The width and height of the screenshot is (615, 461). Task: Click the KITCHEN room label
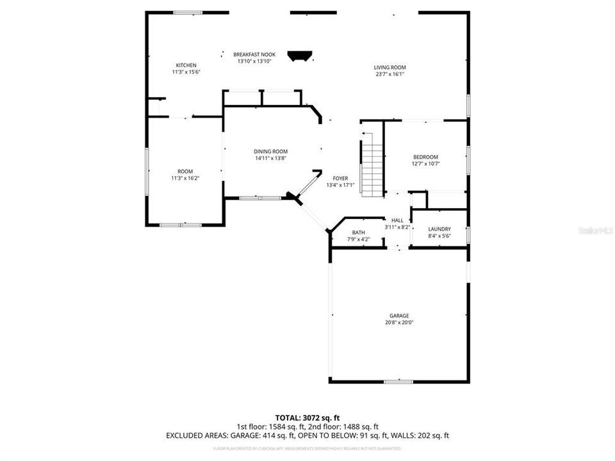[x=186, y=65]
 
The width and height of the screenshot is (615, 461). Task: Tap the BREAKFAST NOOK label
[x=254, y=54]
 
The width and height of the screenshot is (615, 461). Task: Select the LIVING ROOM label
[x=389, y=67]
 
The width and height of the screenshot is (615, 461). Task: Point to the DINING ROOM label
[x=270, y=151]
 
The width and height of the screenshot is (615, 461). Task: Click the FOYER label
[x=340, y=178]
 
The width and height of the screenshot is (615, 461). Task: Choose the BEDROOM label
[x=425, y=157]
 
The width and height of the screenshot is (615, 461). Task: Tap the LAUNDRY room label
[x=439, y=229]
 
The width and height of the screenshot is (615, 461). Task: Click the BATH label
[x=358, y=232]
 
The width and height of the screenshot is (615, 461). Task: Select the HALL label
[x=397, y=220]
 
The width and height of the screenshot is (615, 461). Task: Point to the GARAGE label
[x=398, y=316]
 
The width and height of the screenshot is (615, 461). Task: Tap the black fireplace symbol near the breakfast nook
[x=299, y=56]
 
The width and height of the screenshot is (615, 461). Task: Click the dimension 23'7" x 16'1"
[x=389, y=74]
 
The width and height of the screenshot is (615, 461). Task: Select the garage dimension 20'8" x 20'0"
[x=398, y=323]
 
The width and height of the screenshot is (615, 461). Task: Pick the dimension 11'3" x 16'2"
[x=185, y=179]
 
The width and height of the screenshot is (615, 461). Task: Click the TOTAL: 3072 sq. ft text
[x=307, y=417]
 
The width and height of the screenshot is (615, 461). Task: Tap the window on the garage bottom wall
[x=398, y=382]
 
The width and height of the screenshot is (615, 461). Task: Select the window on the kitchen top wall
[x=188, y=12]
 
